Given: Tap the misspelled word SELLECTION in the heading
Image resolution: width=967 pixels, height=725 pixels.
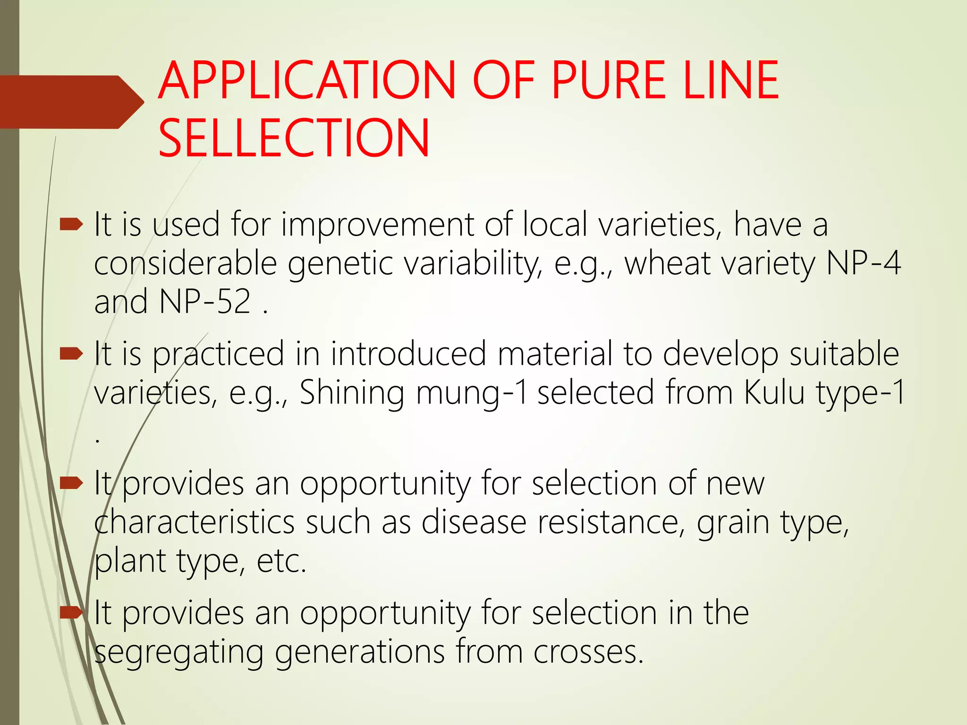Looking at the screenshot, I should click(294, 138).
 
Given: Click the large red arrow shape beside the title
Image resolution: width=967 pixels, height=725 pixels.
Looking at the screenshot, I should click(71, 102).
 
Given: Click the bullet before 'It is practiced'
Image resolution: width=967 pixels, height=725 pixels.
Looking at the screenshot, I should click(71, 354).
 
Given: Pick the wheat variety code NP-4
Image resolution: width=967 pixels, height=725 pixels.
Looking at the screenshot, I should click(863, 263).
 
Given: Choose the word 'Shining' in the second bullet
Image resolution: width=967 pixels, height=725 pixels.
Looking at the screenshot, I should click(352, 393).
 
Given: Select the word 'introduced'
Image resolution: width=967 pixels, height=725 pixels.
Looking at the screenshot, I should click(408, 354).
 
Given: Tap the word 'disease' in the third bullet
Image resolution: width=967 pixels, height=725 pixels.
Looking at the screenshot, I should click(474, 522).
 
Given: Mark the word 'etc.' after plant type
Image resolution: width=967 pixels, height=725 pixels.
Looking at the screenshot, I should click(282, 561).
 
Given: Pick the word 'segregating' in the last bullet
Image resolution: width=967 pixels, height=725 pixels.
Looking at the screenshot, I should click(178, 653).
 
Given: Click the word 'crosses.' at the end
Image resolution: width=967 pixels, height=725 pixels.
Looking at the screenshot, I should click(588, 652).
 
